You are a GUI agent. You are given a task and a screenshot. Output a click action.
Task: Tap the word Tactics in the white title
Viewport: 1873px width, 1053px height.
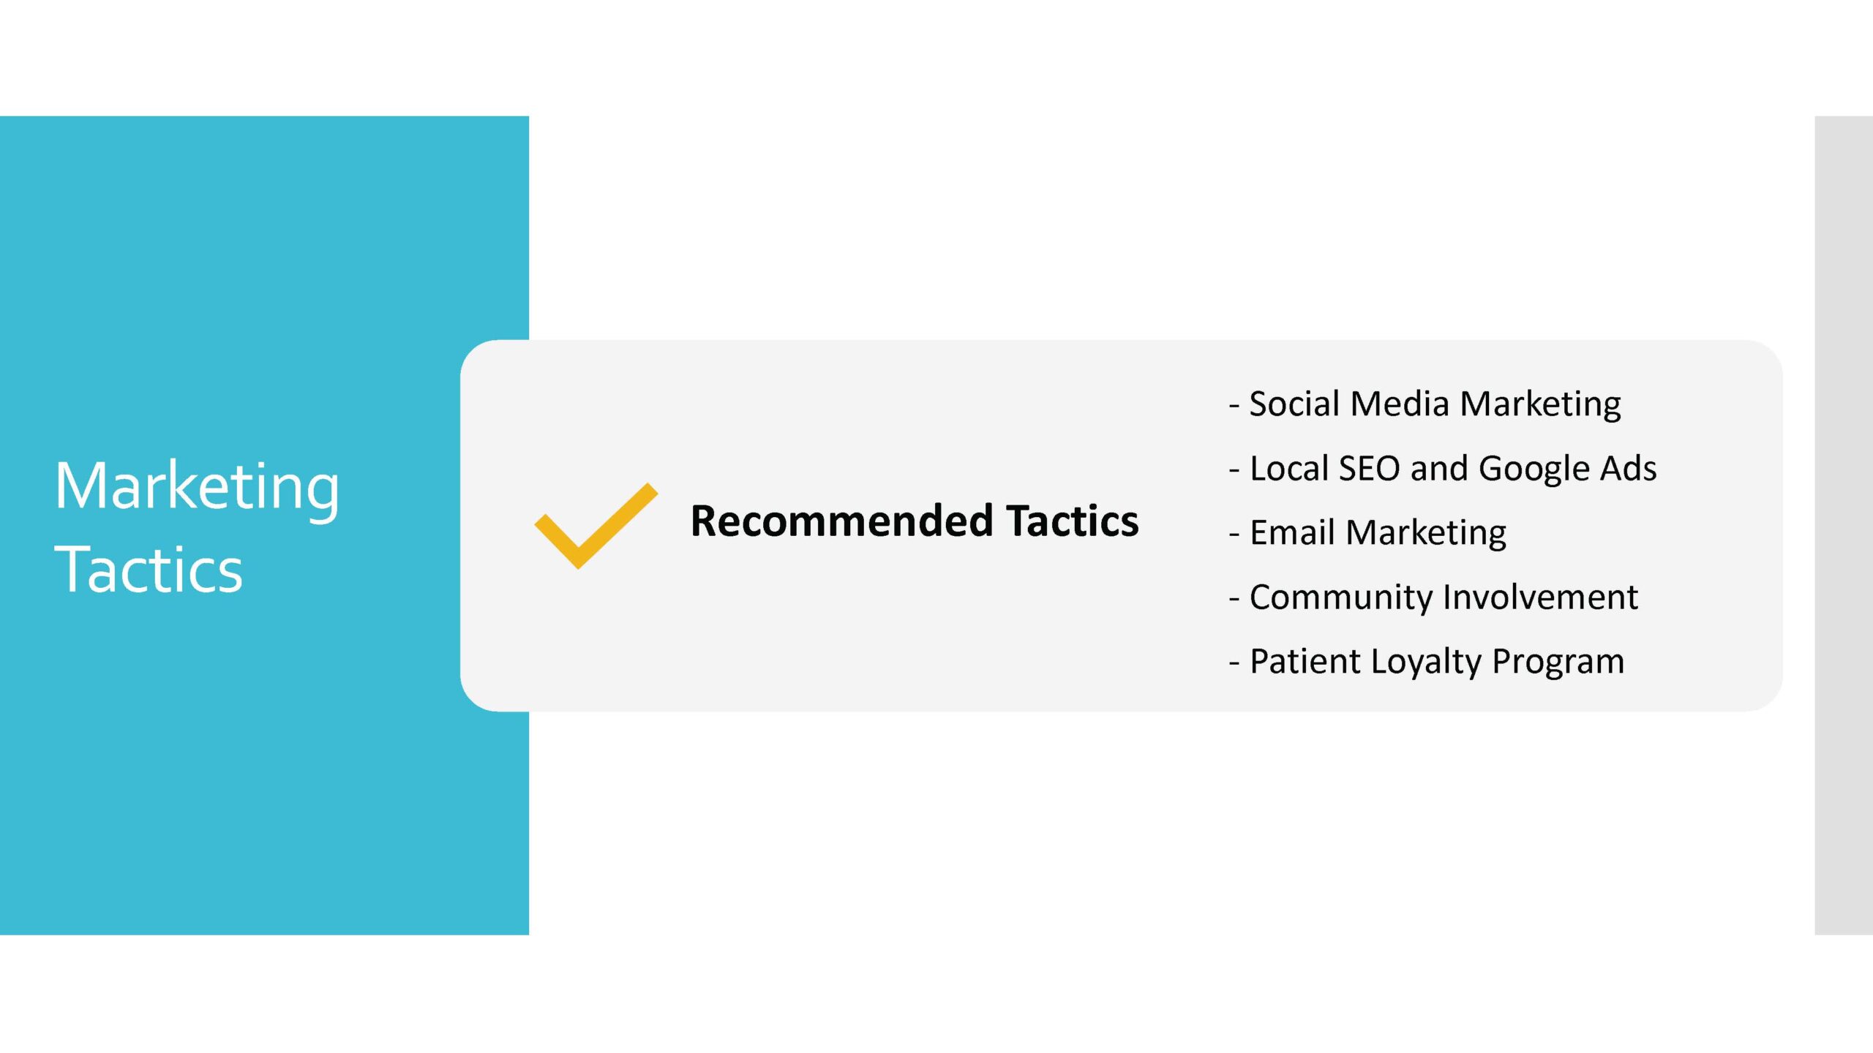(149, 570)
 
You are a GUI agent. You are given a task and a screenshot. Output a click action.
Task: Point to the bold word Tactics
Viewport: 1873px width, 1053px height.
(1073, 521)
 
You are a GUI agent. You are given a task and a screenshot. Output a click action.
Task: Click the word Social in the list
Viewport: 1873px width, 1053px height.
(1294, 404)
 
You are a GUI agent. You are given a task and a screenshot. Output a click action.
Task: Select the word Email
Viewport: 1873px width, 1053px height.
(1293, 532)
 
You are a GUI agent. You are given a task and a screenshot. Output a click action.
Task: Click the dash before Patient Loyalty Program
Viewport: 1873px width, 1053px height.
(1234, 663)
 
